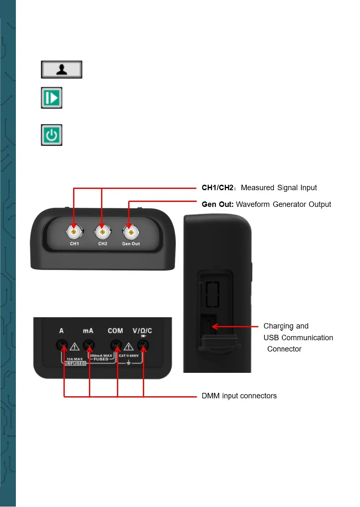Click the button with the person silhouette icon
pos(61,69)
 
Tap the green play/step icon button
pos(52,98)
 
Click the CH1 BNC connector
pos(74,231)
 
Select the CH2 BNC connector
pos(102,231)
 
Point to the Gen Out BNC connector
pos(131,231)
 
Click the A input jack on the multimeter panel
pos(62,345)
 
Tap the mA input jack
pos(88,345)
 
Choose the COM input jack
pos(116,345)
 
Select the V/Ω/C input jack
pos(144,345)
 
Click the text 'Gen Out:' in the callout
pos(217,204)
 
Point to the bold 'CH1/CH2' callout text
pos(217,188)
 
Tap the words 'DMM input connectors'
pos(239,396)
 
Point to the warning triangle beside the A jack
pos(75,346)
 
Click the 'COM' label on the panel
pos(115,331)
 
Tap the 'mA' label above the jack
pos(88,331)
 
